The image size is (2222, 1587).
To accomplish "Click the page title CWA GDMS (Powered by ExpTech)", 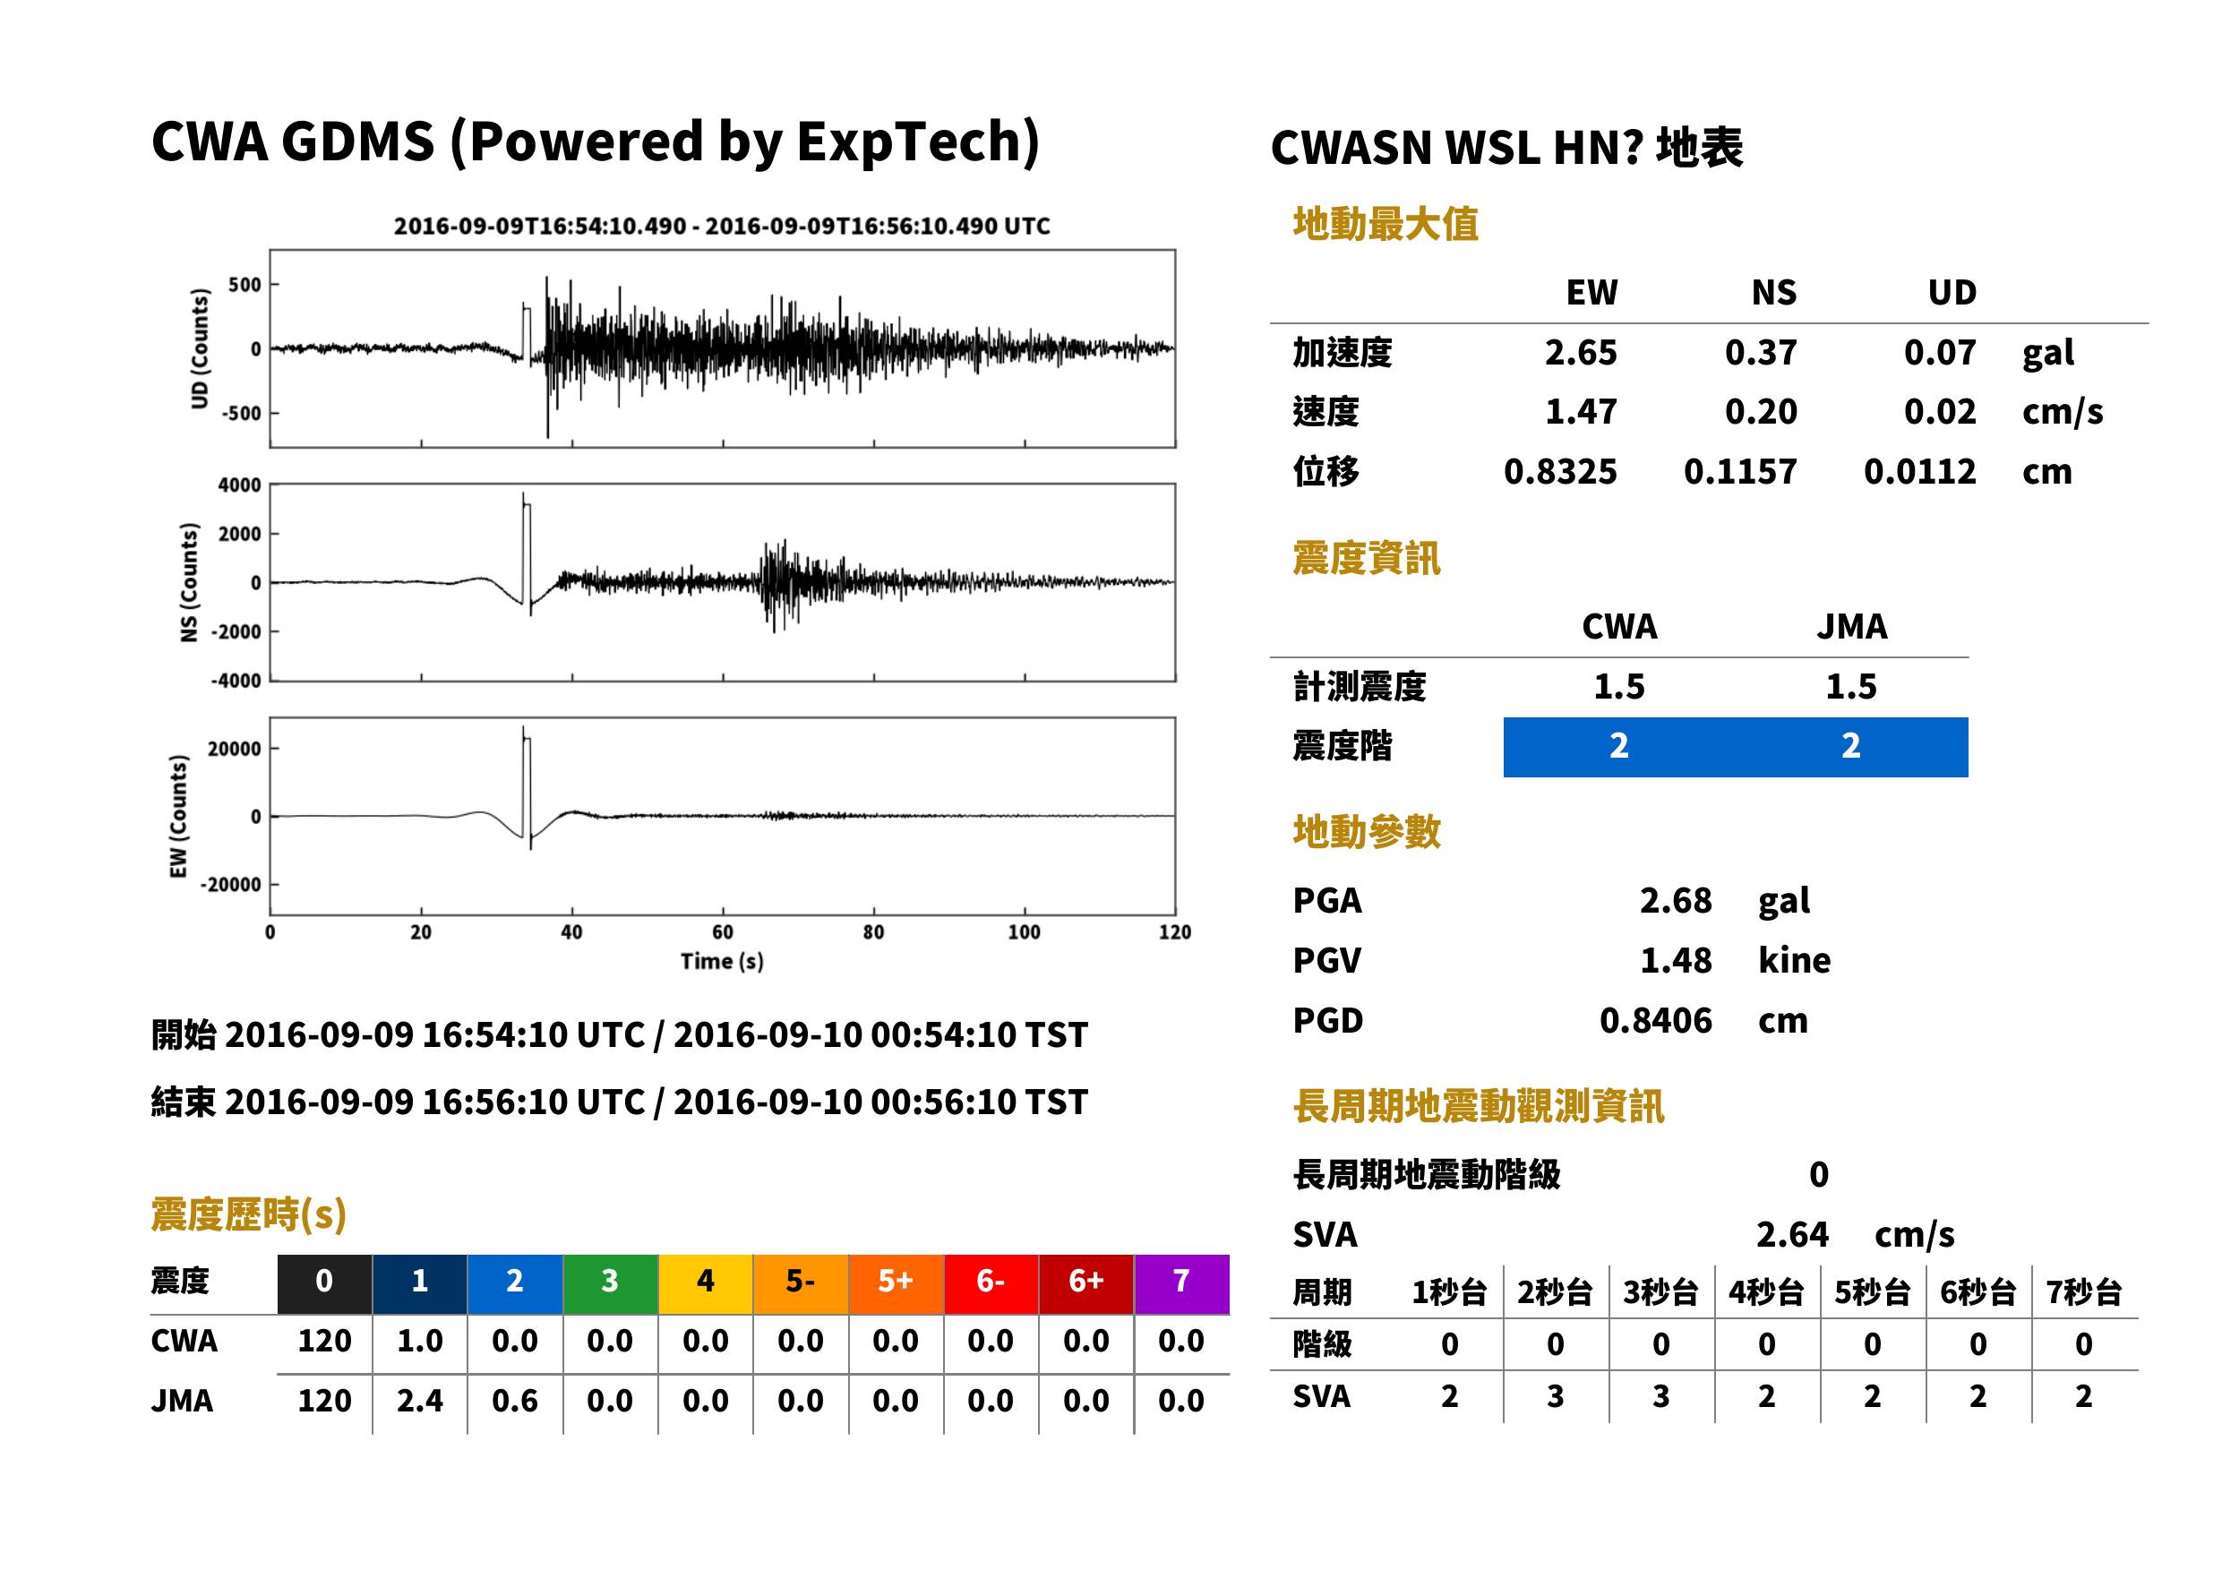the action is click(595, 142).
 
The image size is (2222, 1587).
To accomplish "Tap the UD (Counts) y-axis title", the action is click(200, 349).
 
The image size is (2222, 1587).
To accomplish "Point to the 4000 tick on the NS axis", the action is click(239, 485).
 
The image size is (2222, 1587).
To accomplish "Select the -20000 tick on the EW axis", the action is click(230, 884).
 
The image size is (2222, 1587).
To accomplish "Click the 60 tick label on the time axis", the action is click(722, 932).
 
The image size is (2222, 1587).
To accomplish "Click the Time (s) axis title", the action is click(722, 962).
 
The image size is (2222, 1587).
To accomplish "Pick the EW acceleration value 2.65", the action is click(1580, 353).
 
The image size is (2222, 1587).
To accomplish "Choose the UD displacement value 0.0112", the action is click(1919, 472).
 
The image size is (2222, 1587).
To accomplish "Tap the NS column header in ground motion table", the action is click(1773, 292).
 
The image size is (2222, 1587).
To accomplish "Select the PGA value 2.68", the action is click(1675, 900).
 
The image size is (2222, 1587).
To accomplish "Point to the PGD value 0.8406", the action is click(1655, 1020).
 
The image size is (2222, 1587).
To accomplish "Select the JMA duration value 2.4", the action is click(419, 1402).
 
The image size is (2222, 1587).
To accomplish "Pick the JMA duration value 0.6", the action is click(514, 1402).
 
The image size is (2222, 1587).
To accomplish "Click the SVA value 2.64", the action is click(1792, 1235).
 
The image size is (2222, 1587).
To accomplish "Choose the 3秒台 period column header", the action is click(1660, 1293).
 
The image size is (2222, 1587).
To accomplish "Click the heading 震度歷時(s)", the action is click(249, 1214).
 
